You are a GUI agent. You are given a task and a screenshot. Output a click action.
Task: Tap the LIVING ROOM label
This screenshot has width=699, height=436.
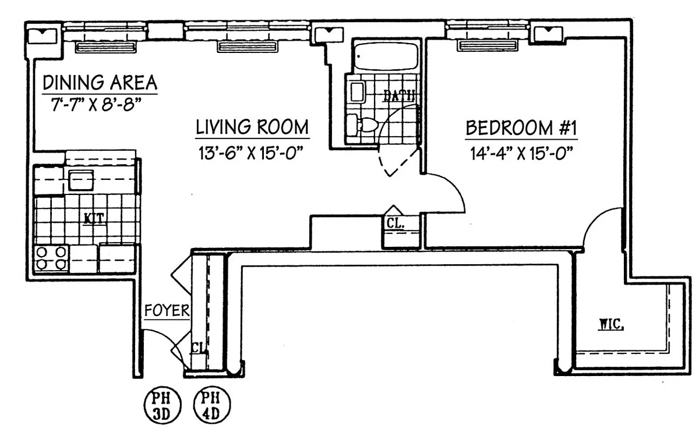coord(252,127)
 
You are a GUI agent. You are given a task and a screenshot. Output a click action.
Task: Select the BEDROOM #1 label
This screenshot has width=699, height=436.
coord(521,128)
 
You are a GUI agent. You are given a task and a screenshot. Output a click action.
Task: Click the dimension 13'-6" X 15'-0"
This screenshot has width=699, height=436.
coord(252,154)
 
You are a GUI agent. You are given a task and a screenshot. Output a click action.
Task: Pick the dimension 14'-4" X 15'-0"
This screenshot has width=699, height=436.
coord(521,154)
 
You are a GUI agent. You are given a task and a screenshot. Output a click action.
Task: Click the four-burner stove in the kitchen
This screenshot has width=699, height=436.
coord(52,258)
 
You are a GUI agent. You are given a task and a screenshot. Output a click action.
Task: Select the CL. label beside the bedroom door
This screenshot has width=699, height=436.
coord(394,222)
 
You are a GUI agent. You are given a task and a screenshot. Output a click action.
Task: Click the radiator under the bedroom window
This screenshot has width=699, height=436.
coord(487,45)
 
